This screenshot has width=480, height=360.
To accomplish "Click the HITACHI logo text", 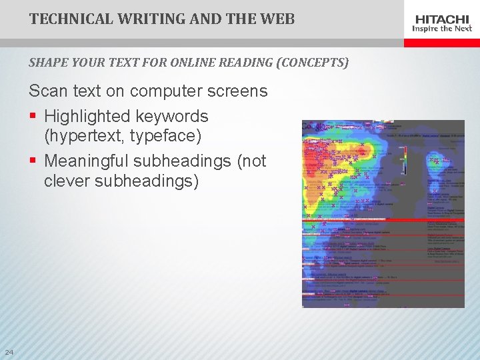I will coord(442,18).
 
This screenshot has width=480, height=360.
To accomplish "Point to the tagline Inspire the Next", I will coord(442,29).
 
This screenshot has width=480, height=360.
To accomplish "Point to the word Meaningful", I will coord(86,161).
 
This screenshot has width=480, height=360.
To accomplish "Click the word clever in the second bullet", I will coord(69,181).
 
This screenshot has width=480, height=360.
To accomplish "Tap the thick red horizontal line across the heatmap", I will coord(383,219).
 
